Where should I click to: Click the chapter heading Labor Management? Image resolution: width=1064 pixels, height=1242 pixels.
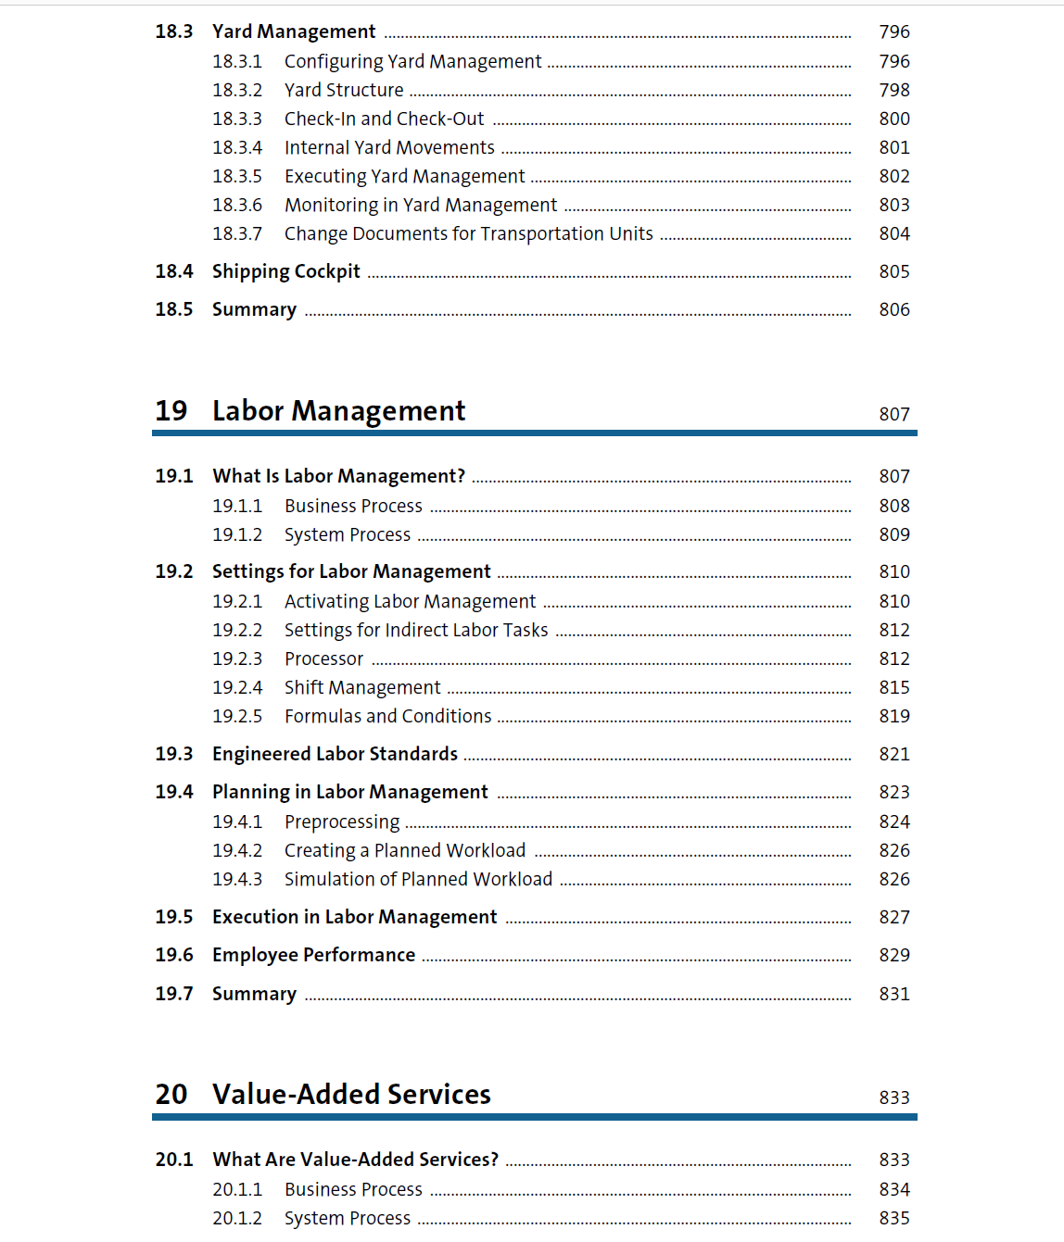[x=338, y=410]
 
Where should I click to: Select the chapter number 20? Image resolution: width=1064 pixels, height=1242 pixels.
[x=171, y=1094]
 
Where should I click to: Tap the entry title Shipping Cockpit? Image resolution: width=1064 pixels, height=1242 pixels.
[x=285, y=271]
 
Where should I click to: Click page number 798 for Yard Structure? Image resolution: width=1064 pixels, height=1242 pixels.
[x=894, y=90]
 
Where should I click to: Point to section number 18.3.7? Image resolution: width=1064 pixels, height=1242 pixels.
[x=237, y=233]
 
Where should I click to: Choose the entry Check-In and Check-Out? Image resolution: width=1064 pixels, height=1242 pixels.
[x=384, y=119]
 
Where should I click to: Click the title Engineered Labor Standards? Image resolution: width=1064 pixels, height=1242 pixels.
[x=335, y=754]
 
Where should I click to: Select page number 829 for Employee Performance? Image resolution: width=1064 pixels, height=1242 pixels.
[x=894, y=955]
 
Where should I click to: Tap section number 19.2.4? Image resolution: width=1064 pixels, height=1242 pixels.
[x=237, y=687]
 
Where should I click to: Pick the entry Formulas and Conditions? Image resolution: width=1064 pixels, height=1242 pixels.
[x=387, y=716]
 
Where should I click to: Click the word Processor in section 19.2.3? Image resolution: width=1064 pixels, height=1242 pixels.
[x=323, y=659]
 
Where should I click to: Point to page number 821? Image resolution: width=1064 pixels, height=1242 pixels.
[x=894, y=754]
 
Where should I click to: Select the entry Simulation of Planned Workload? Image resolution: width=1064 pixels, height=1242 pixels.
[x=418, y=879]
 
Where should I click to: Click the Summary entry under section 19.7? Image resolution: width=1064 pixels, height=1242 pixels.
[x=254, y=994]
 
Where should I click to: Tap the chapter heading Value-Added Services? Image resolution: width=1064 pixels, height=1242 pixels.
[x=351, y=1094]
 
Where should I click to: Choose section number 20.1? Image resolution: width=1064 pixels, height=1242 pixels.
[x=174, y=1160]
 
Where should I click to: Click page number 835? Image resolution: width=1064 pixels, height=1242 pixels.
[x=894, y=1218]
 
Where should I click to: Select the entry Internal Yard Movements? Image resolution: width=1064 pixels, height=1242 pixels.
[x=389, y=147]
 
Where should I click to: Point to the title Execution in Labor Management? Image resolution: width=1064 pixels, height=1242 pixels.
[x=354, y=917]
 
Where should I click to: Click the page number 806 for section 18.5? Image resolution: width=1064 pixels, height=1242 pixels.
[x=894, y=309]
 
